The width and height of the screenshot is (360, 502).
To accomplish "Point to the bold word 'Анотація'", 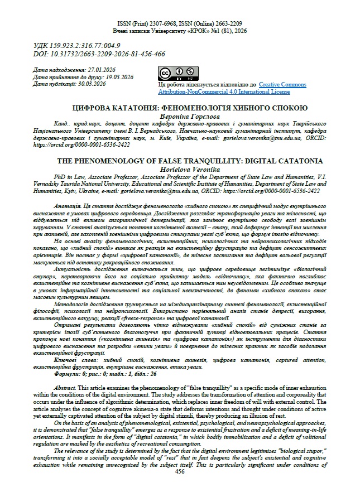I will pos(69,206).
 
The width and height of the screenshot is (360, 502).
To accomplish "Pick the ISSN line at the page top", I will pos(180,24).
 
